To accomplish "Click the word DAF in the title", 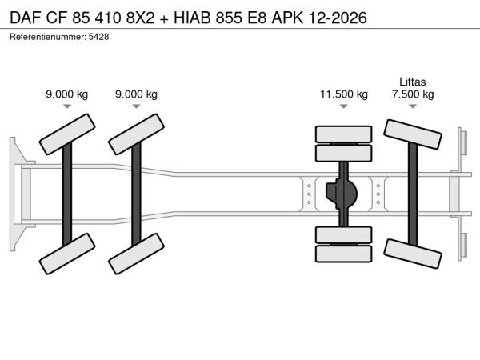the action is [26, 18].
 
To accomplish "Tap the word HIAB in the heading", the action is [192, 18].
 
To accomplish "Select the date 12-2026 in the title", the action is [338, 18].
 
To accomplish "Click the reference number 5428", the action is [98, 37].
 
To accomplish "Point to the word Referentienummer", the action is [48, 37].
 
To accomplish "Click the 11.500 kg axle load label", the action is [344, 94].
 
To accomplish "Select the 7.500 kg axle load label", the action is [413, 94].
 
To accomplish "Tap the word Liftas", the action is [413, 82].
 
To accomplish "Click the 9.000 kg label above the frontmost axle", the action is [67, 94].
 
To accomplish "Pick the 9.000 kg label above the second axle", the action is [136, 94].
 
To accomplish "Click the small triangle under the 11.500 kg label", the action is [344, 106].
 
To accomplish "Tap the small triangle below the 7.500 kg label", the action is [413, 106].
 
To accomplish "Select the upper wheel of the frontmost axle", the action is [67, 134].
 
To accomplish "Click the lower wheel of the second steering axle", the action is [136, 254].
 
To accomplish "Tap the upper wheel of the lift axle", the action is [413, 134].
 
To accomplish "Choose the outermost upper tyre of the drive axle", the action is [344, 134].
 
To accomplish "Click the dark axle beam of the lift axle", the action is [413, 194].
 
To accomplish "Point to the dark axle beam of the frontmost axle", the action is [67, 194].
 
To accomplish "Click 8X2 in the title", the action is [141, 18].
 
